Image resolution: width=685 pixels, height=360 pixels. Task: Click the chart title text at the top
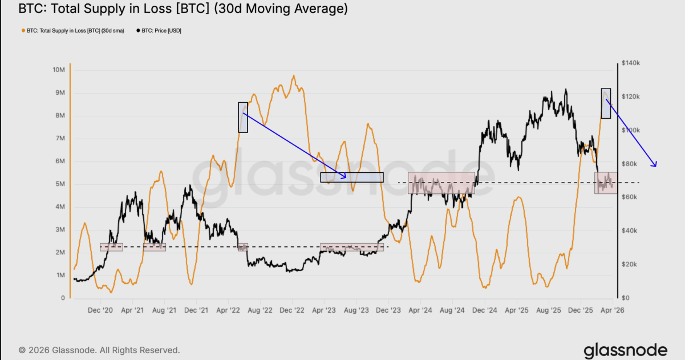[x=183, y=9]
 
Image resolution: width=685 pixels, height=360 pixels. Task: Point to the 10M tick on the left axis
[x=58, y=70]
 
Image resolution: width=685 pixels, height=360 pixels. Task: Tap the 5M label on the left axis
[x=59, y=184]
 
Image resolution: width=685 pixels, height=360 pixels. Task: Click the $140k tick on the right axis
[x=631, y=63]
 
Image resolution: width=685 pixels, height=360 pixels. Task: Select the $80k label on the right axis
[x=630, y=164]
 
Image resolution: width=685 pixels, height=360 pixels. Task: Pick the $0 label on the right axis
[x=626, y=298]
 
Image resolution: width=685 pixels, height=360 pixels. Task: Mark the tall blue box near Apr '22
[x=243, y=117]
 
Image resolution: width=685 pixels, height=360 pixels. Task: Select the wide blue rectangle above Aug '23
[x=352, y=177]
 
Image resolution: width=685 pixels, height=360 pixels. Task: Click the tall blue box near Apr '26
[x=606, y=103]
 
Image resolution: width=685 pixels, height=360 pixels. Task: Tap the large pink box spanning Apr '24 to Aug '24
[x=441, y=183]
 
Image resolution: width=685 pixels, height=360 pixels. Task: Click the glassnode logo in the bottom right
[x=625, y=350]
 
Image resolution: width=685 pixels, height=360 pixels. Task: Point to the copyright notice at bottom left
[x=99, y=350]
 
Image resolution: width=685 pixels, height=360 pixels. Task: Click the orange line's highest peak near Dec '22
[x=293, y=76]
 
